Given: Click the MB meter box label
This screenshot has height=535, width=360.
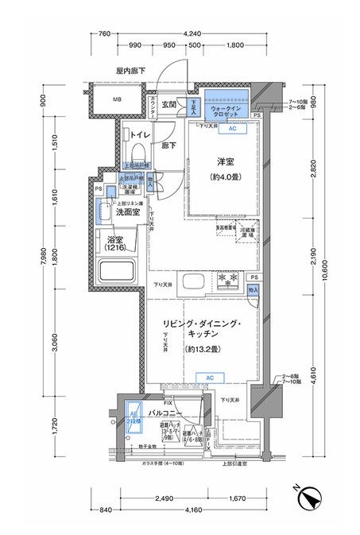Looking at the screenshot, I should coord(116,99).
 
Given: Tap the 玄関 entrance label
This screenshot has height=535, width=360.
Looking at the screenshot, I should coord(168,104).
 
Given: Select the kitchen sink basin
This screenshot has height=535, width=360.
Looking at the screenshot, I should coord(194,282).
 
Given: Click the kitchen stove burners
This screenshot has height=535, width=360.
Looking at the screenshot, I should coord(229,281).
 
